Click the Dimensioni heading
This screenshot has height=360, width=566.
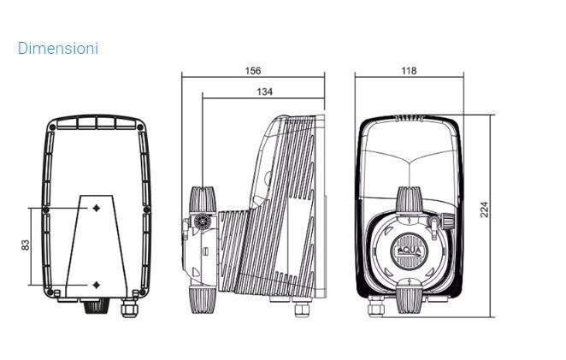point(58,49)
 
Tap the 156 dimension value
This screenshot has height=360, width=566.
point(253,71)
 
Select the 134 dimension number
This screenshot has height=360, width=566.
point(264,91)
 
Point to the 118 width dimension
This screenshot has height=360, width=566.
point(409,71)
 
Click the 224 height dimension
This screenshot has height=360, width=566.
point(485,210)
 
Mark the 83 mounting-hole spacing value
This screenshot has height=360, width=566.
point(26,245)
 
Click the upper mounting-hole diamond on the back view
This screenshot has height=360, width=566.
point(97,208)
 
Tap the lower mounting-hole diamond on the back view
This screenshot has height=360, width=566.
point(97,285)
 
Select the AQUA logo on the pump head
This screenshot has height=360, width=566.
point(409,251)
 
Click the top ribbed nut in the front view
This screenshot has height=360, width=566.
point(410,200)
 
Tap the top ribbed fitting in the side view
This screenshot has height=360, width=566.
point(203,200)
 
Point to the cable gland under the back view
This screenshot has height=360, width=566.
point(129,308)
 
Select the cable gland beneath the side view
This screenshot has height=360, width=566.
point(302,309)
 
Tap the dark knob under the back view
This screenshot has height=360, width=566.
point(96,307)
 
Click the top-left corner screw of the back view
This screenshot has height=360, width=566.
point(52,127)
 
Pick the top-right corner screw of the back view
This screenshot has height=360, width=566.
point(140,127)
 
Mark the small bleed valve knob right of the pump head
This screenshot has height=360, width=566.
point(448,221)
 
